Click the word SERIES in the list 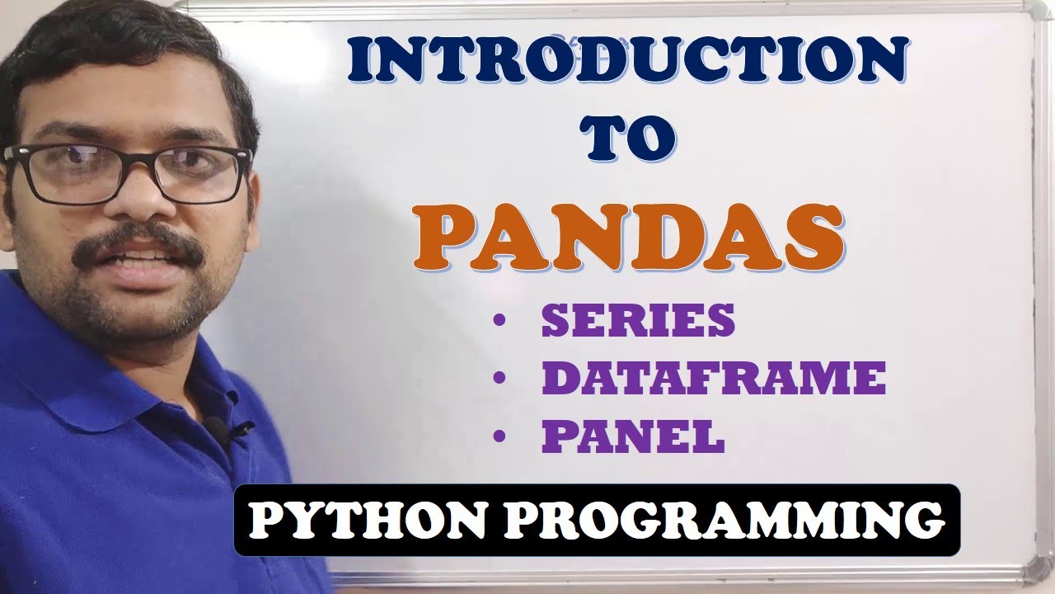coord(637,320)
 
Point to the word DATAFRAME coord(713,379)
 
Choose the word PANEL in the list coord(632,437)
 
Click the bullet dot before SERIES coord(499,322)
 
